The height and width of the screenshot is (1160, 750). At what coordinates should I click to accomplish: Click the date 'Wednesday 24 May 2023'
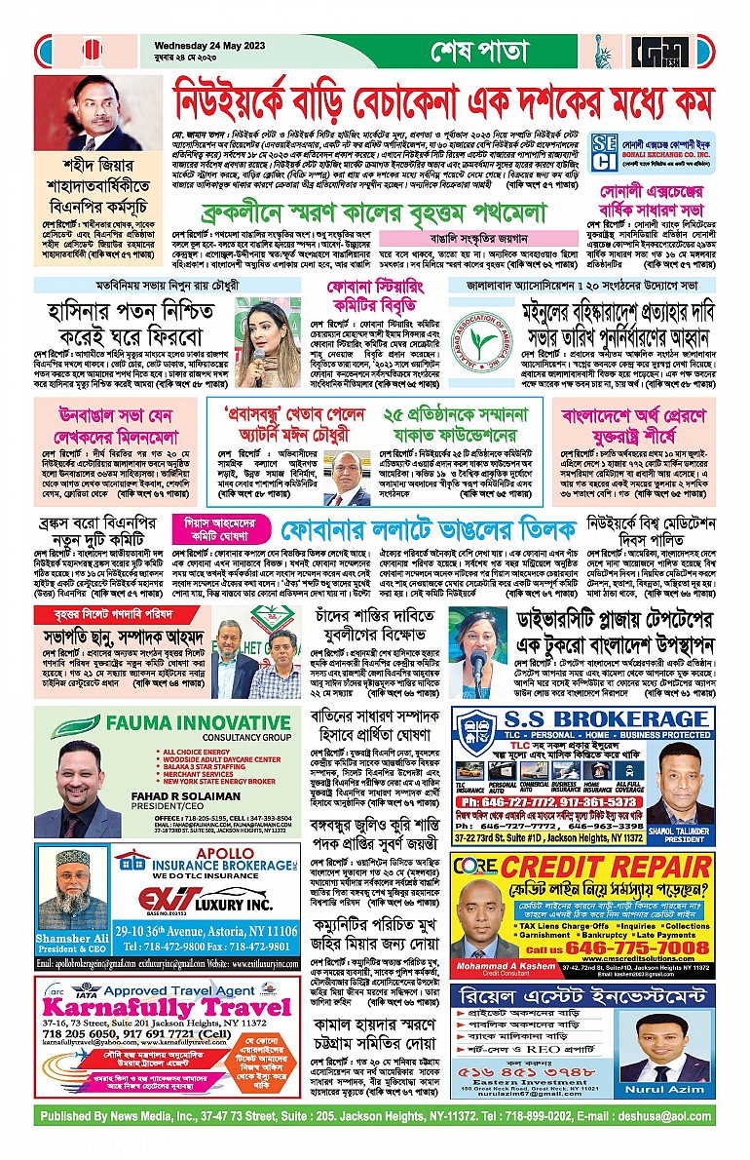(x=203, y=40)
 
